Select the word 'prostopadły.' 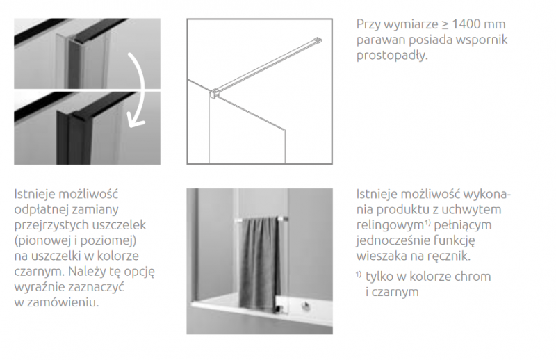click(391, 56)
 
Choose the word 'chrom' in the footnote click(475, 277)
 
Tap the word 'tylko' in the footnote click(380, 277)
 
